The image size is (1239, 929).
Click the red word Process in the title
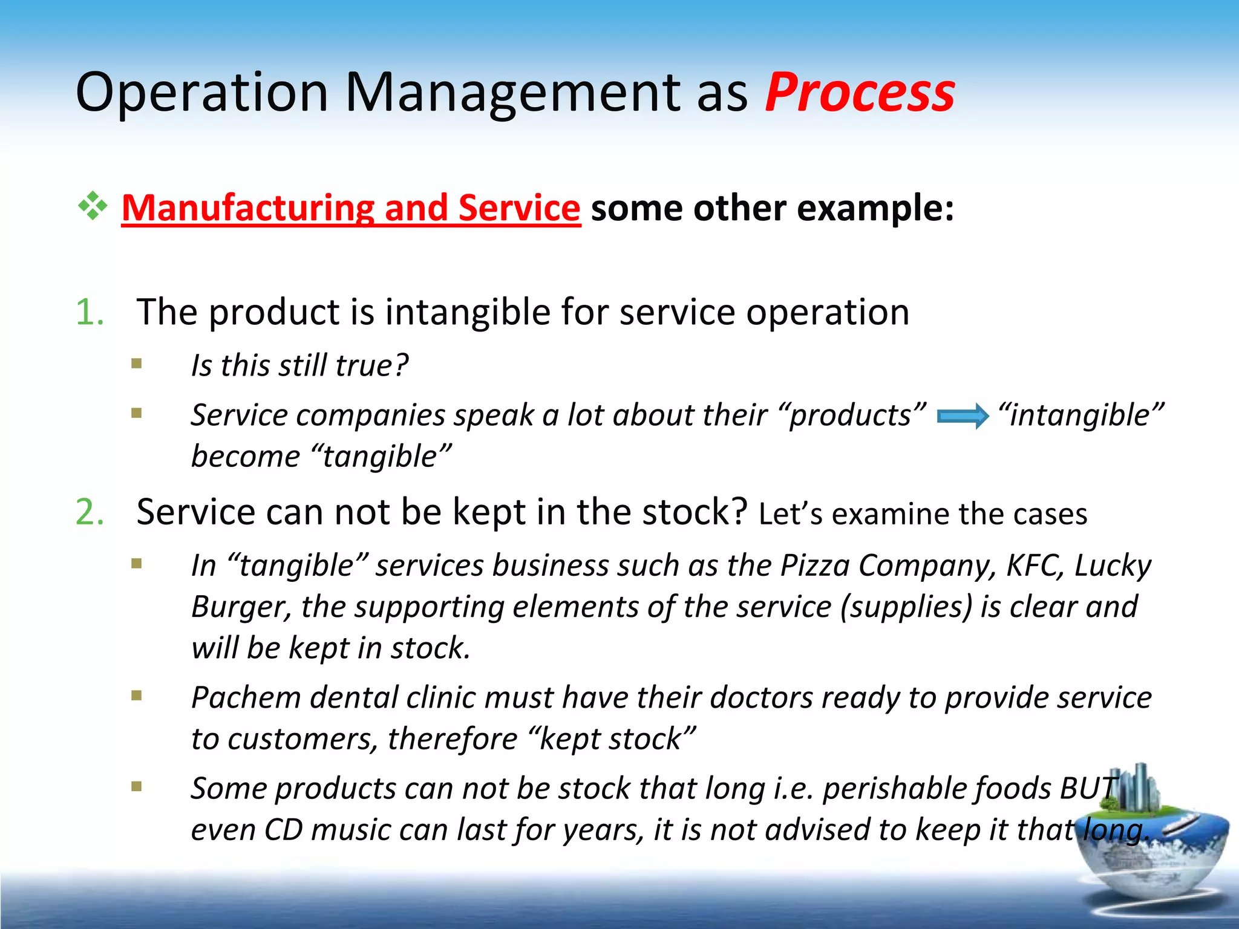860,93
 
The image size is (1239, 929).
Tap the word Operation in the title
201,93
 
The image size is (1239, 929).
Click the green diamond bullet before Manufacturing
92,207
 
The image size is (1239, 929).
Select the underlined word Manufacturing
248,207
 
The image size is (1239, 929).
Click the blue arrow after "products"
963,417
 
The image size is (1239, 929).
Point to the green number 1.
90,312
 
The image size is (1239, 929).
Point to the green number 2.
90,512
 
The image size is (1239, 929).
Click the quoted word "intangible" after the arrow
1080,416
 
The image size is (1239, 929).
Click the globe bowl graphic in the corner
1149,847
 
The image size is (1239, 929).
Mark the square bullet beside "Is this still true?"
137,363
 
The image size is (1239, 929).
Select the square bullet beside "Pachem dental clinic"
137,696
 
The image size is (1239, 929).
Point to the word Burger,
241,607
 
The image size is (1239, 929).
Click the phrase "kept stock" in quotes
612,739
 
